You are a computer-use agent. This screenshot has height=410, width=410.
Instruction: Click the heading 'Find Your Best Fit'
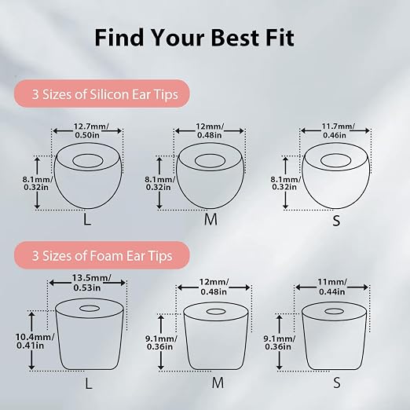pos(194,38)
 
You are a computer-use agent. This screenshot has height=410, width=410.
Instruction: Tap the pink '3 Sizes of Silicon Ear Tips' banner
pos(102,93)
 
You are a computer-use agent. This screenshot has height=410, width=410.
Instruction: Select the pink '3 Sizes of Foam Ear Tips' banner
pos(102,255)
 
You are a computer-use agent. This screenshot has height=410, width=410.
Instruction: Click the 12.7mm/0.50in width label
pos(89,130)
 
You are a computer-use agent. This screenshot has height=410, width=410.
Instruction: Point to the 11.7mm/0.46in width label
pos(337,130)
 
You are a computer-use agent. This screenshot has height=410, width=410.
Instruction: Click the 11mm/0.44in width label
pos(332,287)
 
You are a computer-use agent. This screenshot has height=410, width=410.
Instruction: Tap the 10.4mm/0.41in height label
pos(35,341)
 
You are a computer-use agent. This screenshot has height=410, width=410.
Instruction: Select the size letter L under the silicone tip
pos(87,219)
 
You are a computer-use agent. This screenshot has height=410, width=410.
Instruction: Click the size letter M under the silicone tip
pos(210,219)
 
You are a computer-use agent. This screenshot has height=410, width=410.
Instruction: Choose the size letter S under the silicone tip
pos(336,221)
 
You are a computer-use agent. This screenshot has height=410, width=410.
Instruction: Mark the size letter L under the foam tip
pos(89,384)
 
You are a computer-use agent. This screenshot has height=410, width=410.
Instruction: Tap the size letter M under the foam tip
pos(218,383)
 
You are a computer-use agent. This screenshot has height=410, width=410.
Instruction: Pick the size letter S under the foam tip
pos(337,383)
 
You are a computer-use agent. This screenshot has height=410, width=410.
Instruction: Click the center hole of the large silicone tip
pos(88,161)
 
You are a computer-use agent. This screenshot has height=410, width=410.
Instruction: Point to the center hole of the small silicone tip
pos(335,160)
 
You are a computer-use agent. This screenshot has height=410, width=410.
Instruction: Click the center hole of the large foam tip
pos(90,308)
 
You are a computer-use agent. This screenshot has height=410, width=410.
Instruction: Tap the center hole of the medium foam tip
pos(216,312)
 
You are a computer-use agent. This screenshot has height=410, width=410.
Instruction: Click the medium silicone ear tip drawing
pos(210,176)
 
